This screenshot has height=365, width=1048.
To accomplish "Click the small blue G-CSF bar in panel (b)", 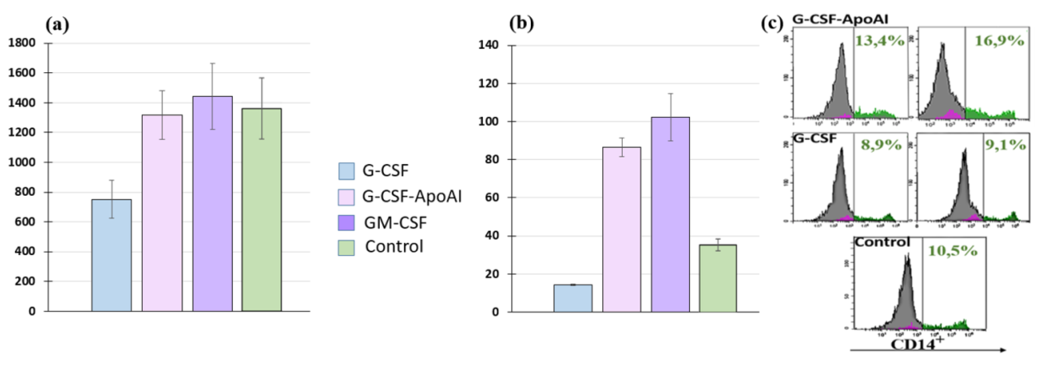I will click(x=573, y=298).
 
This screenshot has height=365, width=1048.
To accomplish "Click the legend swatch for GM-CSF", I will click(x=346, y=223).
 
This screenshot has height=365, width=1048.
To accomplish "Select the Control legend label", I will click(x=394, y=247).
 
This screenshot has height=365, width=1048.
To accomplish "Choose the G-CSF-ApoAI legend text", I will click(x=412, y=197).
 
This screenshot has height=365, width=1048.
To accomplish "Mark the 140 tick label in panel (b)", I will click(x=489, y=45).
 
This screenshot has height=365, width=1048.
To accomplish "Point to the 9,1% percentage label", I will click(x=1005, y=145).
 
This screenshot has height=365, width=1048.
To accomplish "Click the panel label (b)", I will click(x=521, y=24).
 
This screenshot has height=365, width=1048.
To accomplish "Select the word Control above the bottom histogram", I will click(x=882, y=242).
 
